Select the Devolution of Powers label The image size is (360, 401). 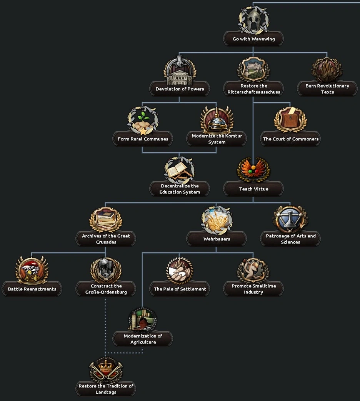coord(180,89)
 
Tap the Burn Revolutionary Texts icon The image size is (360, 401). coord(327,70)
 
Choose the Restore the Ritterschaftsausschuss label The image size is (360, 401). coord(253,89)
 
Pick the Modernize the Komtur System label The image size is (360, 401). coord(217,139)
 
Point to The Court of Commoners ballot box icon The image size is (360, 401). coord(290,120)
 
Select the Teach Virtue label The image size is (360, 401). coord(253,189)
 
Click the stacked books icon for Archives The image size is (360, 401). coord(106,220)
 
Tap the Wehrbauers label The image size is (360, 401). coord(217,239)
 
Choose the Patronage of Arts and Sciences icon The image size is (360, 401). coord(290,220)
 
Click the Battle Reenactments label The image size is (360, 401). coord(32,289)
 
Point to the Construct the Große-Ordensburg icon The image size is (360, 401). coord(106,270)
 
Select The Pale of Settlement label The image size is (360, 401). coord(180,289)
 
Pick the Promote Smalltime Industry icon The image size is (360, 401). coord(253,270)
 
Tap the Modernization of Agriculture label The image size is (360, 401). coord(143,339)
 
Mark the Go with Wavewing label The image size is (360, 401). coord(253,39)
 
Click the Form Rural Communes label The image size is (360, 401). coord(143,139)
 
